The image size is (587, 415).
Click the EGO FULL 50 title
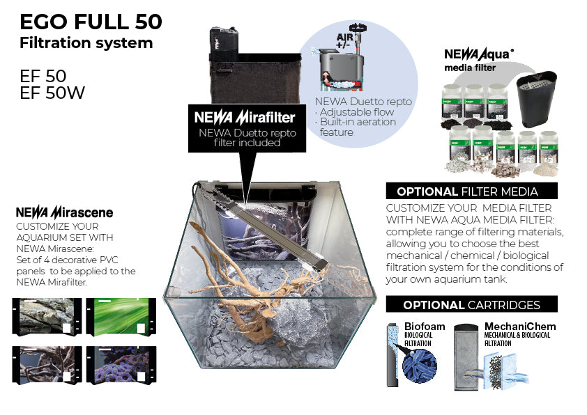tap(91, 22)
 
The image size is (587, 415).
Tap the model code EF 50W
tap(52, 92)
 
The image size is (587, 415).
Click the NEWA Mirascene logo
tap(64, 212)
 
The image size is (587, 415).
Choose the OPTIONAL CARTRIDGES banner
tap(472, 305)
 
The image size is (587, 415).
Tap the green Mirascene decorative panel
tap(117, 317)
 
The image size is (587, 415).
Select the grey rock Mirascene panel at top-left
tap(43, 317)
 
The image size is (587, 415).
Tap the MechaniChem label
tap(514, 327)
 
